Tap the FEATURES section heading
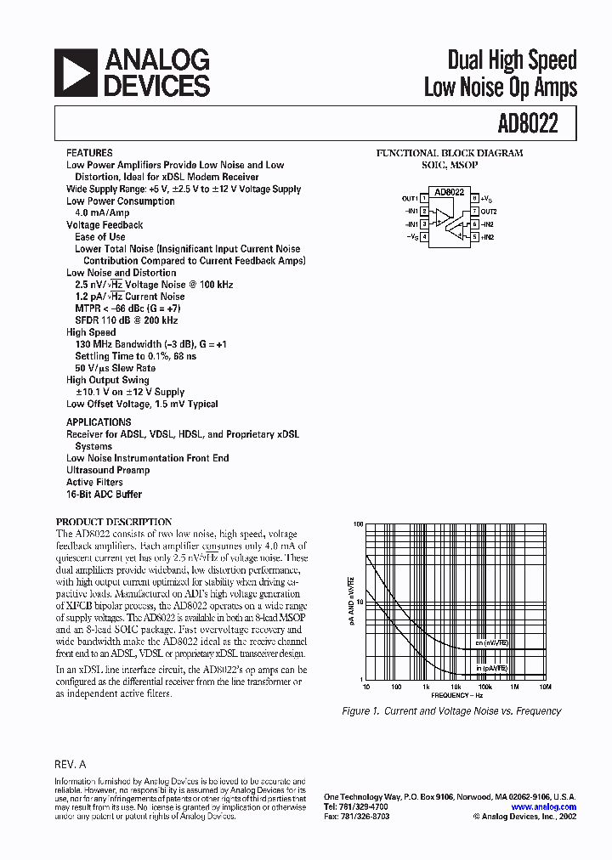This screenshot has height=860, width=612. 89,153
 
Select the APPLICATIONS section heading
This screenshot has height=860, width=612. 99,422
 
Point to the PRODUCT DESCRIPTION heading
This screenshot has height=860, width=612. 114,522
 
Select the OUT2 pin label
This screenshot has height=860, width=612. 488,211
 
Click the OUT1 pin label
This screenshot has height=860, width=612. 409,198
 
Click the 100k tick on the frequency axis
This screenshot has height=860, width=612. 485,686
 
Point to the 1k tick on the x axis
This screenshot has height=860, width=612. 426,686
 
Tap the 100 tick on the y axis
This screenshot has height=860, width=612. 359,524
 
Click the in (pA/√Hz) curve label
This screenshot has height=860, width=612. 491,668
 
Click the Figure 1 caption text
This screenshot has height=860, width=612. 450,711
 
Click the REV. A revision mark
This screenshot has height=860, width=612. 71,764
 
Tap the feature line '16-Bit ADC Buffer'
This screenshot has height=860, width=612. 104,494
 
